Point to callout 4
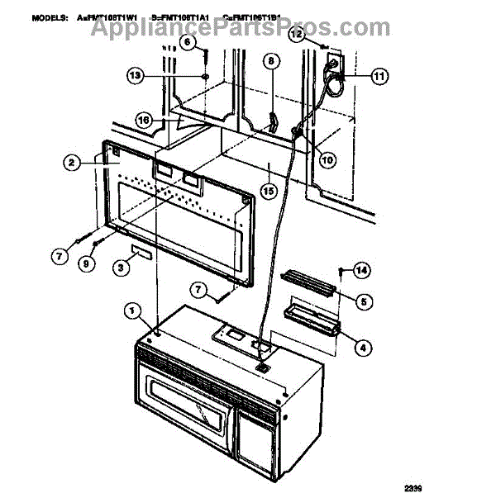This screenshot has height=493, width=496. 360,348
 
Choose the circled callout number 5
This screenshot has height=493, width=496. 360,301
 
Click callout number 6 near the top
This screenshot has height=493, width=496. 186,40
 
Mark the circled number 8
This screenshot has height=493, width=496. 268,60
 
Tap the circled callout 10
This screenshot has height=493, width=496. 328,161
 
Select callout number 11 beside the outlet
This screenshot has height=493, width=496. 378,77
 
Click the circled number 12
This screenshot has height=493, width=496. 296,35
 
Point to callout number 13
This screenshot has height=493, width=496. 136,75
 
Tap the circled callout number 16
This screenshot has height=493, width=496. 145,119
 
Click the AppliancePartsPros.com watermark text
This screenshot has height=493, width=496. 240,27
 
